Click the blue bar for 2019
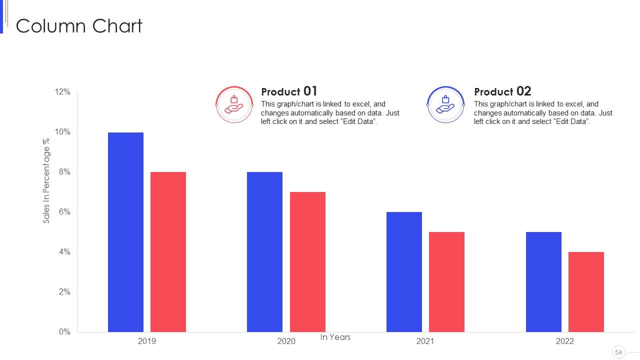[x=125, y=232]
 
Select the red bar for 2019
[x=168, y=252]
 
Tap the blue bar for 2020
[x=265, y=252]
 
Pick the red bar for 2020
[x=307, y=262]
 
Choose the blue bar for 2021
[x=404, y=272]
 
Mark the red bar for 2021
[x=447, y=282]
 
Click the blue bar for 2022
[x=543, y=282]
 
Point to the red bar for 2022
[x=586, y=292]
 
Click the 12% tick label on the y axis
[x=62, y=91]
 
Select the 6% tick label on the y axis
[x=64, y=211]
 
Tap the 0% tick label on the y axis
[x=64, y=331]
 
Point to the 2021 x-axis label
[x=425, y=341]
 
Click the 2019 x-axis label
[x=147, y=341]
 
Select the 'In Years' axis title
[x=335, y=337]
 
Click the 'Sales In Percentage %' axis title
[x=46, y=181]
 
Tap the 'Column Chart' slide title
[x=79, y=26]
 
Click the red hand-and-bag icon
[x=234, y=104]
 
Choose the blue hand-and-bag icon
[x=445, y=104]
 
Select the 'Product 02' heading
[x=502, y=91]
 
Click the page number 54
[x=618, y=352]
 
